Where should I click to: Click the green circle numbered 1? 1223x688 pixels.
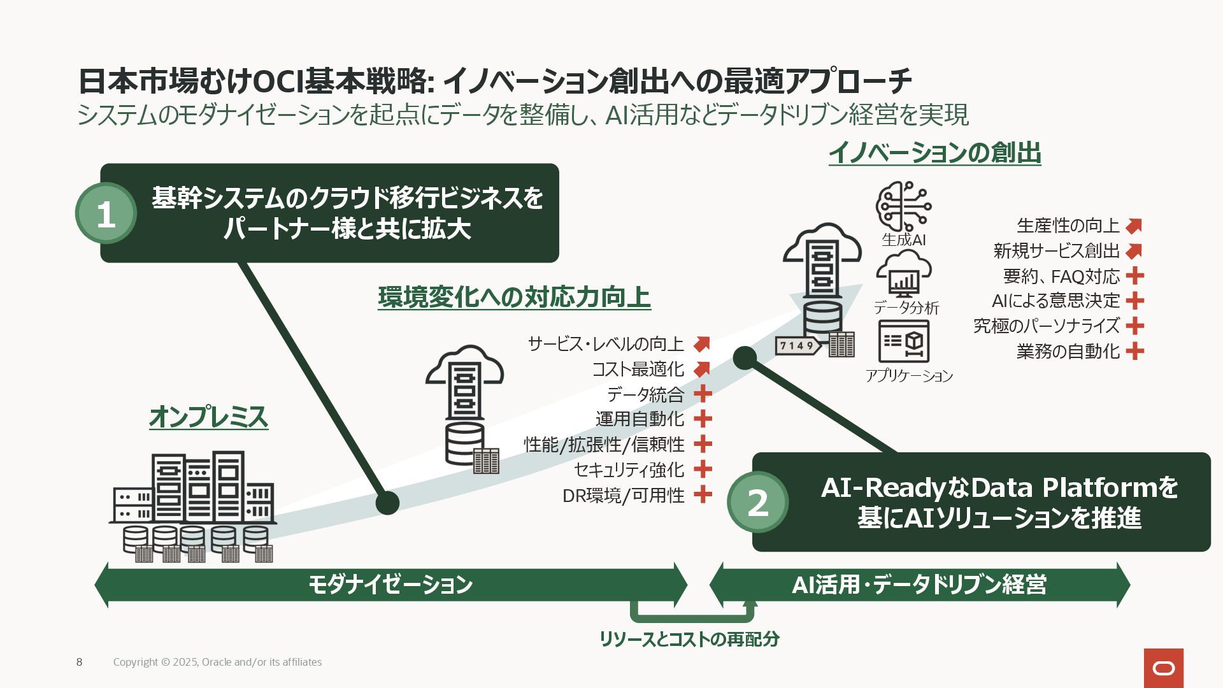click(106, 214)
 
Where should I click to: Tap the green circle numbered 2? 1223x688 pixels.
click(757, 503)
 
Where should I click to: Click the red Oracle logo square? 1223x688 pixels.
click(1163, 668)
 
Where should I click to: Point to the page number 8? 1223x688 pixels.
click(79, 662)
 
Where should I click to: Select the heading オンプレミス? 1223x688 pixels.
click(208, 417)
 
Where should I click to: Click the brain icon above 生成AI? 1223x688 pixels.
click(903, 206)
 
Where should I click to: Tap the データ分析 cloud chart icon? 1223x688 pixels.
click(903, 274)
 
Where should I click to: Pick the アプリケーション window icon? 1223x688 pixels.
click(903, 341)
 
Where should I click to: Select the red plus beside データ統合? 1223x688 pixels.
click(703, 394)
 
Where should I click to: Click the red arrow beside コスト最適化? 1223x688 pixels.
click(702, 369)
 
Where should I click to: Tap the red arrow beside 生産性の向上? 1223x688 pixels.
click(1134, 226)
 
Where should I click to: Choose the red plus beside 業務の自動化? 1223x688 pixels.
click(1134, 351)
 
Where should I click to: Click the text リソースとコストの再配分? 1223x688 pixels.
click(689, 639)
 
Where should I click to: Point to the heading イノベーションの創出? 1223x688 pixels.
click(934, 153)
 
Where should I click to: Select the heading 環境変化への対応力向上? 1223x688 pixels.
click(514, 297)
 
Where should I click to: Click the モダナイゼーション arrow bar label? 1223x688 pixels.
click(390, 584)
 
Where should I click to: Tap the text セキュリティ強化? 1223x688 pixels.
click(629, 469)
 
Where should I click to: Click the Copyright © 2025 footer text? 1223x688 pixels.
click(217, 662)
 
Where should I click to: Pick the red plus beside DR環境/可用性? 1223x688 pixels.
click(703, 494)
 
